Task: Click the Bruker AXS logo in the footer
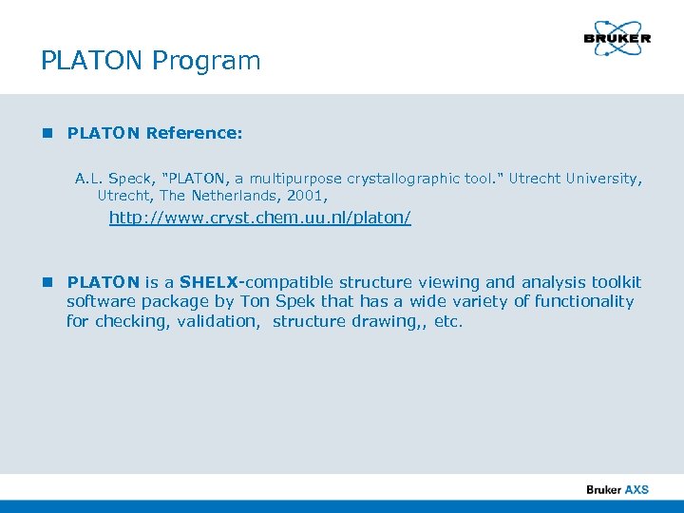tap(617, 489)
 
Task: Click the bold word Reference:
tap(194, 134)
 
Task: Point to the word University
tap(602, 179)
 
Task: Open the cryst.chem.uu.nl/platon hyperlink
tap(259, 218)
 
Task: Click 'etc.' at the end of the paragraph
tap(447, 321)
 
